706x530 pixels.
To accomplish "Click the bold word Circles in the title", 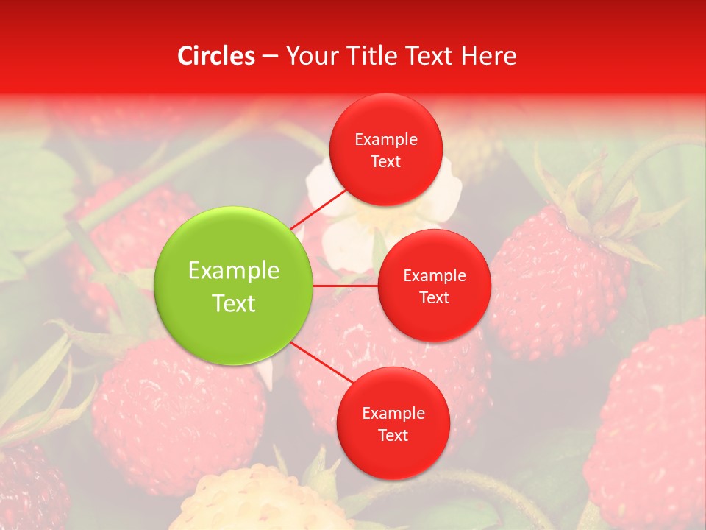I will click(216, 56).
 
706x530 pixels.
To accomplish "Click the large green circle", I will click(233, 286).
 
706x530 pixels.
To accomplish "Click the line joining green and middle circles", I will click(346, 286).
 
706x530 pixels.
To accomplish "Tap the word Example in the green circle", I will click(234, 271).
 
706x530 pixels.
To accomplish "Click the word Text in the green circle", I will click(234, 303).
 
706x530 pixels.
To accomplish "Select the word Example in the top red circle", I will click(386, 140).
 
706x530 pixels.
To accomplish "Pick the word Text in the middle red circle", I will click(434, 298).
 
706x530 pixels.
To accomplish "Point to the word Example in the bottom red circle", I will click(393, 414).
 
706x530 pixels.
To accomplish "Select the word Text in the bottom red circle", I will click(393, 436).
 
